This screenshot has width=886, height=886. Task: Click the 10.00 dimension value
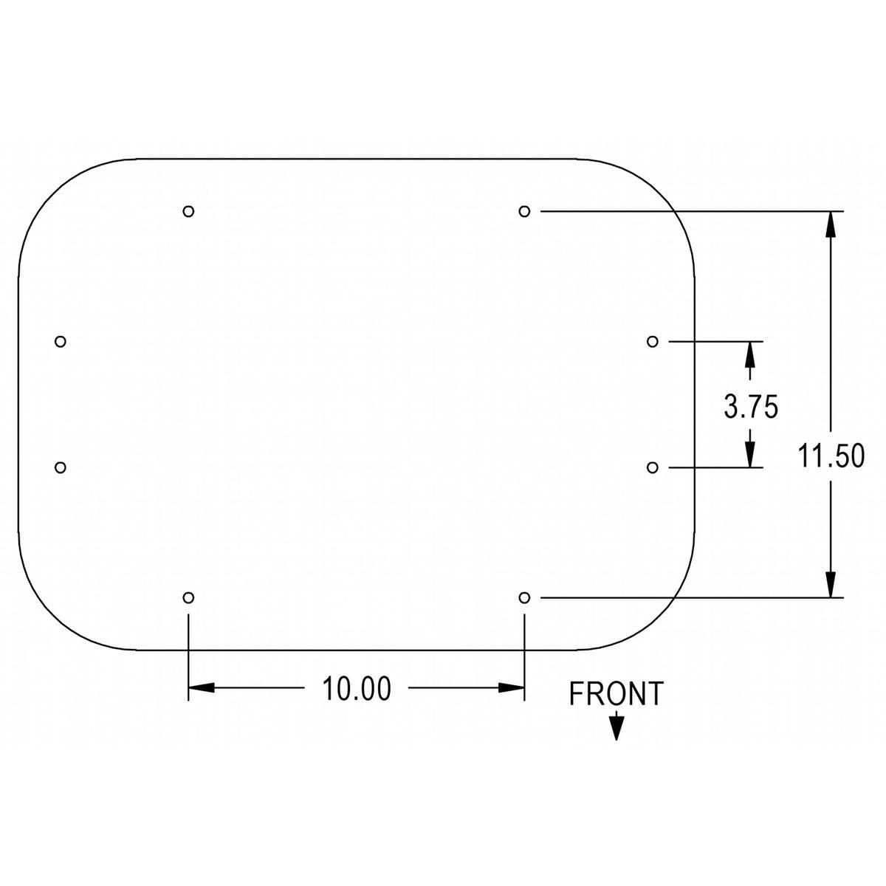click(357, 688)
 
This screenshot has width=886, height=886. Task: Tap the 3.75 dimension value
click(752, 406)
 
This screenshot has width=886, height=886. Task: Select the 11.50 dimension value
click(831, 456)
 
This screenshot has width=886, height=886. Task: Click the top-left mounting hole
click(188, 211)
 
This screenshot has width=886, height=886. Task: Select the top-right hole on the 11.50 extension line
click(524, 211)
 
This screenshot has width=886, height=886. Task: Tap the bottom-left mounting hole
click(188, 598)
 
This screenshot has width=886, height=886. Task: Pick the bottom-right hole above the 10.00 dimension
click(524, 598)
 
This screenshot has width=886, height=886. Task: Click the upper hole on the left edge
click(61, 342)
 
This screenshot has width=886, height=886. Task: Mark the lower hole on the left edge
click(61, 467)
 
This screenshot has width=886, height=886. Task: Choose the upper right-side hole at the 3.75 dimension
click(653, 342)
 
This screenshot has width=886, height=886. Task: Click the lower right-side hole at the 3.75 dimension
click(653, 467)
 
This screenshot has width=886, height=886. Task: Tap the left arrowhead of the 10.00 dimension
click(202, 688)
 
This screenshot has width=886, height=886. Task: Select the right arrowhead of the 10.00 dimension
click(511, 688)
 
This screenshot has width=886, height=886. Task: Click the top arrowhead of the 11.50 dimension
click(831, 224)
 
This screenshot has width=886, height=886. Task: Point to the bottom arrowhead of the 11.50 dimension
click(831, 584)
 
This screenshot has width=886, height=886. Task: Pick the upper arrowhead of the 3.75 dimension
click(750, 354)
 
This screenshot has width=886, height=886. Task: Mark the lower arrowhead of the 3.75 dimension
click(750, 455)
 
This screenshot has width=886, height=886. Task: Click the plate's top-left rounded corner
click(53, 193)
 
